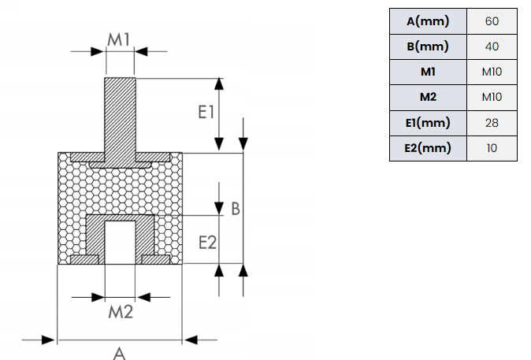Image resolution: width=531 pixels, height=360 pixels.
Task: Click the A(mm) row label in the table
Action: coord(428,21)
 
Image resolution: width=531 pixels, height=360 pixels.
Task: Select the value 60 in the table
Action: coord(492,21)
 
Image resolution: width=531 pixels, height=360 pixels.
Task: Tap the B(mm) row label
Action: coord(428,46)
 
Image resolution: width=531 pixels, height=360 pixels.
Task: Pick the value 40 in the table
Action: coord(492,46)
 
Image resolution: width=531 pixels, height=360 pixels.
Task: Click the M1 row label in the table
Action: coord(428,72)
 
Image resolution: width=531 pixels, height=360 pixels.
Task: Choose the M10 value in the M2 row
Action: coord(492,97)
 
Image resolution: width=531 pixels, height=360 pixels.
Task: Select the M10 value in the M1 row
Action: coord(492,72)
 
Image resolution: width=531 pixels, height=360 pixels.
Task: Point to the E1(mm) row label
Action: coord(428,123)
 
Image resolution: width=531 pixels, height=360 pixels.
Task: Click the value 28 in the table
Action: coord(492,123)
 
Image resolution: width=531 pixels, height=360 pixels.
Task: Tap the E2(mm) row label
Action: coord(428,148)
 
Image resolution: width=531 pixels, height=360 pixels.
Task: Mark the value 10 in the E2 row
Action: coord(492,148)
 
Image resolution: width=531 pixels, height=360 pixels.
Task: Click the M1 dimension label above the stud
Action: coord(118,39)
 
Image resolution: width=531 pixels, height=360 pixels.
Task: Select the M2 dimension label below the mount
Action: coord(121,312)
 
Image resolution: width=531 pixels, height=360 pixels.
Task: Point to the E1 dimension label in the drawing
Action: coord(206,112)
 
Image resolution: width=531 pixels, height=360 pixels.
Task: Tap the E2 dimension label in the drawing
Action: coord(207,243)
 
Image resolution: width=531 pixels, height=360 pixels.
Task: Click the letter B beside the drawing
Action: coord(236,209)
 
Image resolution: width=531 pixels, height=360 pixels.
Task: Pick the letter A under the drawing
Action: coord(119,353)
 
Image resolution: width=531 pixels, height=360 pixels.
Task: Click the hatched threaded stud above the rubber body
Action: coord(121,115)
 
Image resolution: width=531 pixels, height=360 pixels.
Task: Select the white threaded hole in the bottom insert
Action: coord(121,243)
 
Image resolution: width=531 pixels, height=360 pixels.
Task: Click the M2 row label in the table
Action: coord(428,97)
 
